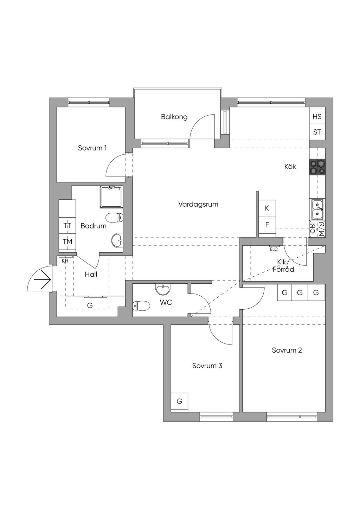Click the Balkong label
point(174,117)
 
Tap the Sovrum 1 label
point(92,148)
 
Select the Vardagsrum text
point(198,204)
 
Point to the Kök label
point(290,166)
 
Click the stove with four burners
point(317,167)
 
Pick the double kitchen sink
point(317,210)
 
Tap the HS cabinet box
point(317,117)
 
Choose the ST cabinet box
point(317,132)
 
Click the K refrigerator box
point(267,208)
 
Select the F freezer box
point(267,225)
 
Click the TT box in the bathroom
point(67,226)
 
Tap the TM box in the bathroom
point(67,242)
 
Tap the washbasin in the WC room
point(162,289)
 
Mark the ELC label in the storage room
point(274,249)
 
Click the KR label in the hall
point(65,261)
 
